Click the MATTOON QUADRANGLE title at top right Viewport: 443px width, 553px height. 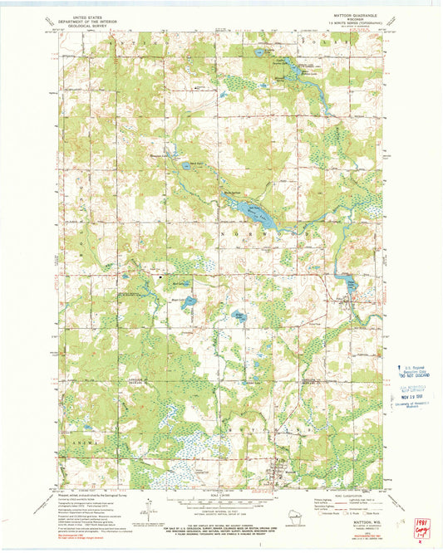click(x=355, y=14)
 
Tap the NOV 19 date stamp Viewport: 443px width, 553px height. click(x=408, y=397)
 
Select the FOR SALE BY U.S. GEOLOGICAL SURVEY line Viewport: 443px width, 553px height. click(x=220, y=526)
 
